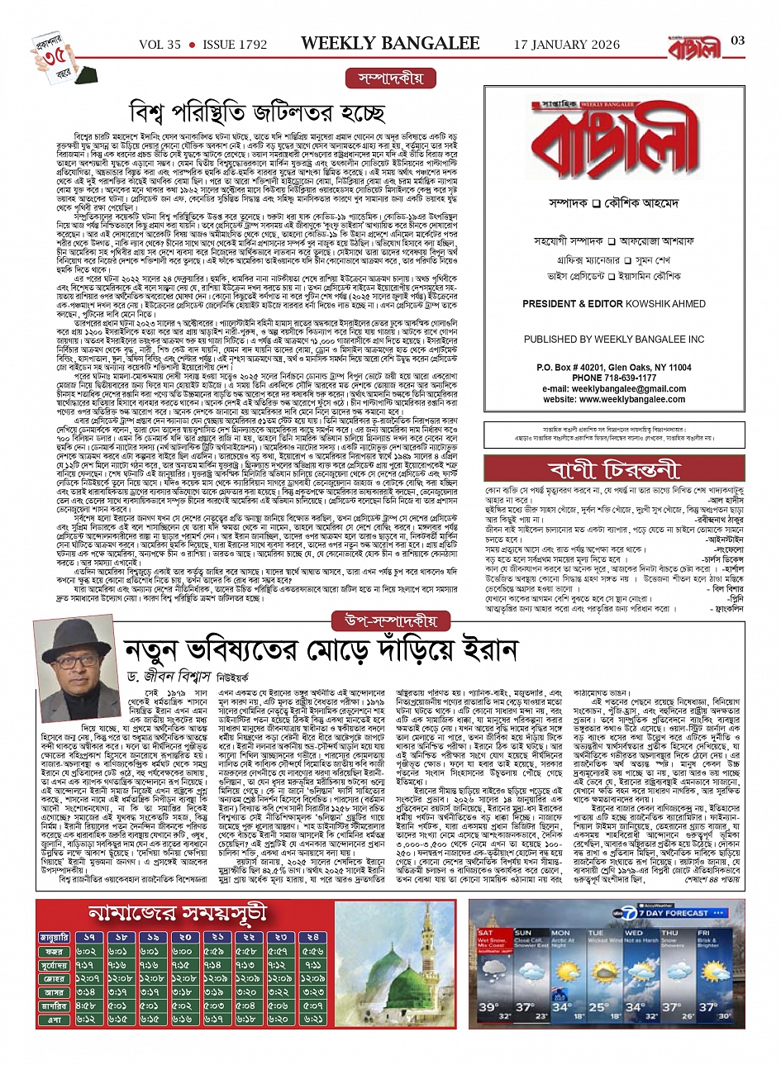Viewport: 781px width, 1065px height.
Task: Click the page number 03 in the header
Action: click(x=739, y=40)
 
